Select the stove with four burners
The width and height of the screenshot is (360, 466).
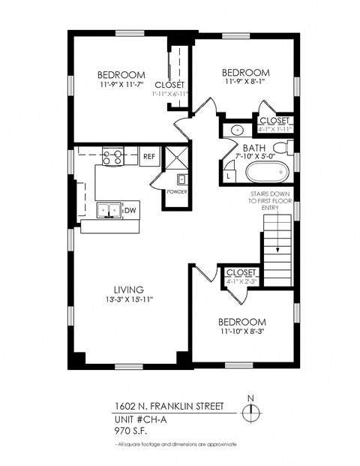click(x=112, y=157)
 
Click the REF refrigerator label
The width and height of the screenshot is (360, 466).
click(x=148, y=158)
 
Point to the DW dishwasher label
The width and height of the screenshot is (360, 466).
click(x=130, y=211)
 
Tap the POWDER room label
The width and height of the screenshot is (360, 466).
click(x=178, y=192)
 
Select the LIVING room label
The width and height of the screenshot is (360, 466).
click(x=128, y=290)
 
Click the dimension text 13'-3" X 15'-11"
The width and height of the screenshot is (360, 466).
click(x=128, y=300)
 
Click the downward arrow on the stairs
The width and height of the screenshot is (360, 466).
click(x=277, y=239)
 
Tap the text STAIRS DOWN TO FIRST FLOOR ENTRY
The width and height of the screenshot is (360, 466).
click(x=271, y=200)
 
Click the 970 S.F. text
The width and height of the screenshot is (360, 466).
click(x=133, y=431)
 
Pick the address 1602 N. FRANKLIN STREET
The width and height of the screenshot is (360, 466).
click(x=169, y=406)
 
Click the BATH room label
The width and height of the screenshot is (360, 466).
click(x=252, y=147)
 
